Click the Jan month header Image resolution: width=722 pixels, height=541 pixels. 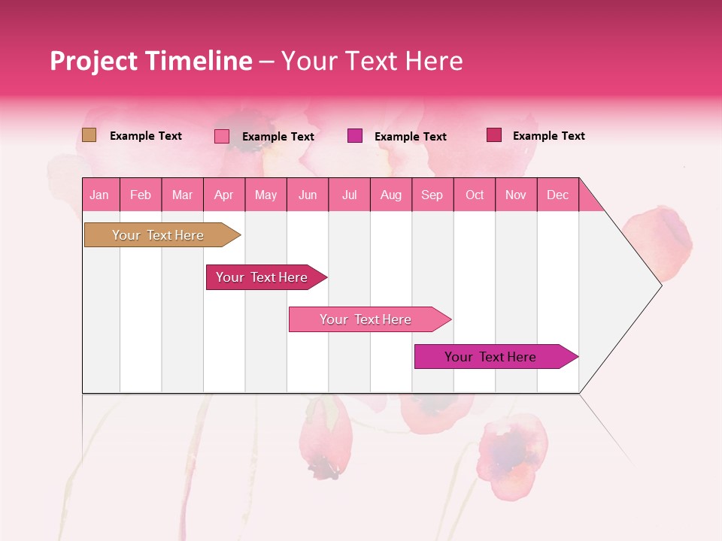pyautogui.click(x=99, y=195)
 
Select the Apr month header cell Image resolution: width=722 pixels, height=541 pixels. pyautogui.click(x=223, y=195)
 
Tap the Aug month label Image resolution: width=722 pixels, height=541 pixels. pyautogui.click(x=390, y=195)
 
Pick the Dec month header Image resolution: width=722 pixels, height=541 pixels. pyautogui.click(x=557, y=195)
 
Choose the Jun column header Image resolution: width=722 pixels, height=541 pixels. pyautogui.click(x=308, y=195)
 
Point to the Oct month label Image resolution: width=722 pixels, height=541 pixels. pyautogui.click(x=475, y=195)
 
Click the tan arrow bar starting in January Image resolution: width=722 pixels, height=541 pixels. pyautogui.click(x=158, y=235)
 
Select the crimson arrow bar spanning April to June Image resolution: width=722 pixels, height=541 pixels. pyautogui.click(x=262, y=277)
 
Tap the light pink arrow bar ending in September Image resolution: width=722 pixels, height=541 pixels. pyautogui.click(x=366, y=319)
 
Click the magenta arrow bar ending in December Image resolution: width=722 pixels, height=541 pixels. pyautogui.click(x=490, y=357)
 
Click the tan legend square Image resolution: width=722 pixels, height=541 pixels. pyautogui.click(x=89, y=135)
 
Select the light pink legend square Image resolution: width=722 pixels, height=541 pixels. pyautogui.click(x=222, y=136)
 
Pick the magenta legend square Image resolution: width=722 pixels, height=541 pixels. pyautogui.click(x=355, y=136)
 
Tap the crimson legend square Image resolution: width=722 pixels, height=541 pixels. pyautogui.click(x=494, y=135)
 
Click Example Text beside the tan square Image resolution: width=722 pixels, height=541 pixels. pyautogui.click(x=146, y=136)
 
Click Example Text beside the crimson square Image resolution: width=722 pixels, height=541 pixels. pyautogui.click(x=549, y=136)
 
